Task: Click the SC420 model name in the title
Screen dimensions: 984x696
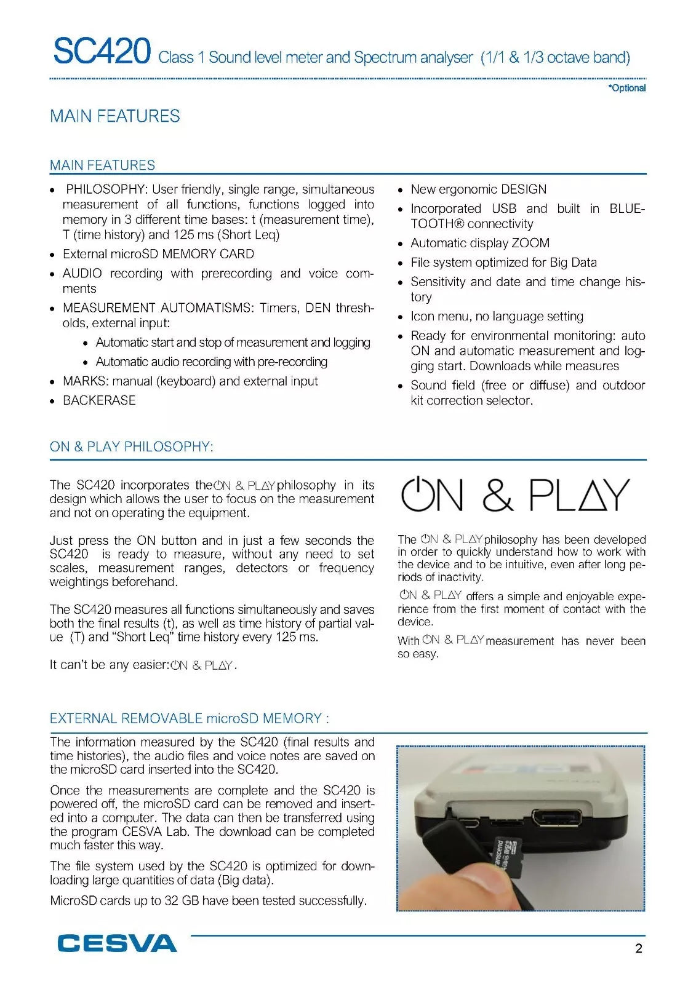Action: pyautogui.click(x=102, y=51)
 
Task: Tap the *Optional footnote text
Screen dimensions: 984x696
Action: pyautogui.click(x=627, y=88)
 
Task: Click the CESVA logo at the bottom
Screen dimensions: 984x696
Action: pyautogui.click(x=117, y=943)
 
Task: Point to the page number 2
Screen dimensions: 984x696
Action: pyautogui.click(x=639, y=948)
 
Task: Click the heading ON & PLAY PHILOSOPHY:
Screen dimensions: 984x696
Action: pyautogui.click(x=131, y=446)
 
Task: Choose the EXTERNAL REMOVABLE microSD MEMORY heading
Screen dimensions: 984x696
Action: pyautogui.click(x=189, y=718)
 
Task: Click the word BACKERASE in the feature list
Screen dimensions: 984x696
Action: pyautogui.click(x=99, y=400)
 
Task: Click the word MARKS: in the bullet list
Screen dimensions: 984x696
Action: pyautogui.click(x=86, y=381)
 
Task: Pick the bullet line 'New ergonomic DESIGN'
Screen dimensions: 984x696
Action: pyautogui.click(x=478, y=189)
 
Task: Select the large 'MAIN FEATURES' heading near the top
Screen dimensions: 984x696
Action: pyautogui.click(x=115, y=116)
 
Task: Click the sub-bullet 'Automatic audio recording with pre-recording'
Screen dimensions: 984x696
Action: pyautogui.click(x=211, y=362)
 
